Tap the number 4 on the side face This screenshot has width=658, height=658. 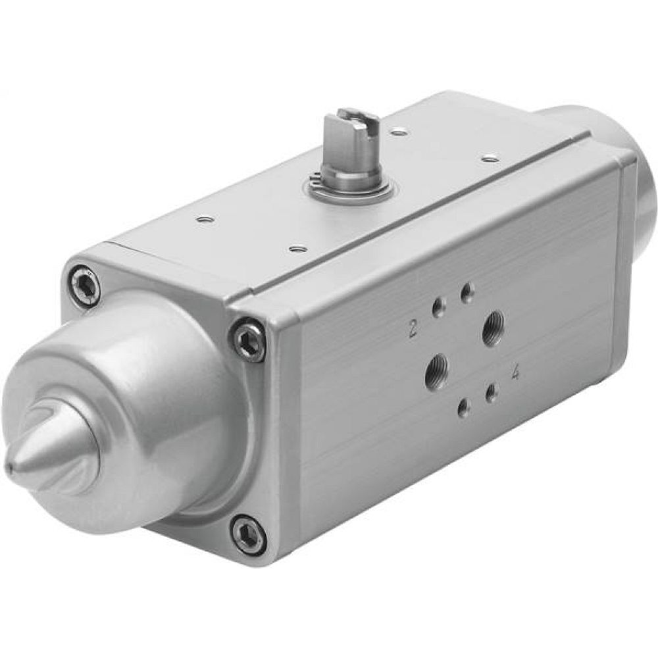[516, 373]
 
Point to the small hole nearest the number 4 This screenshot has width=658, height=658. [490, 393]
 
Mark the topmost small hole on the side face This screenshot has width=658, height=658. [467, 290]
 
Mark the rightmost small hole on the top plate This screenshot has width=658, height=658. [488, 157]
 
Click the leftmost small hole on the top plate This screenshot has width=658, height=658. [207, 220]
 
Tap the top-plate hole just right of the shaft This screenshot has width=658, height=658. [397, 132]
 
